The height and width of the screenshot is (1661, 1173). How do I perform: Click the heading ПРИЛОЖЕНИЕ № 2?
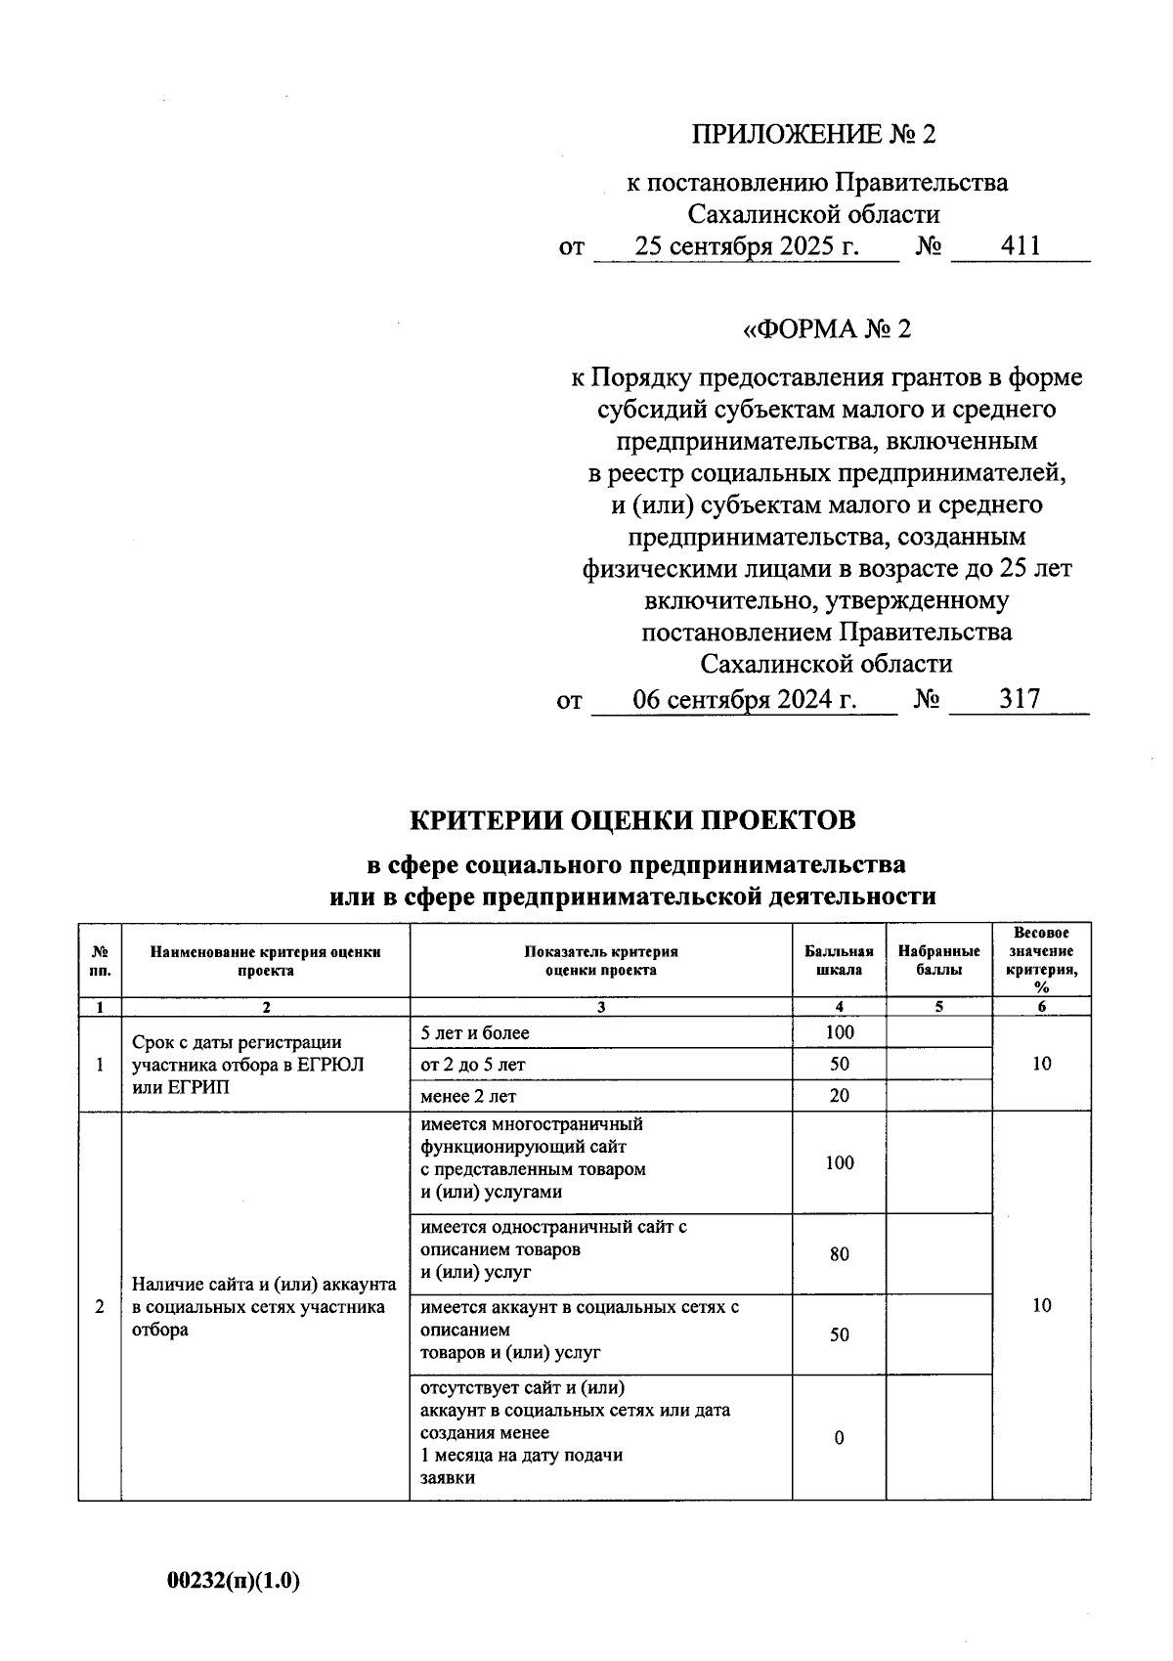(x=813, y=134)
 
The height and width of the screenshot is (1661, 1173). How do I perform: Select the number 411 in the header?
(x=1020, y=246)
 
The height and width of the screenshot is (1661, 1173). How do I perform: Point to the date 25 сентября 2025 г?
(x=747, y=246)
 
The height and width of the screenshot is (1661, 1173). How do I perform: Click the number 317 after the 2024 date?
(x=1019, y=699)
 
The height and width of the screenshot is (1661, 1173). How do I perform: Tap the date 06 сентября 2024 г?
(x=745, y=699)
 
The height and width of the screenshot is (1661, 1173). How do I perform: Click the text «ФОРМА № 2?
(x=827, y=328)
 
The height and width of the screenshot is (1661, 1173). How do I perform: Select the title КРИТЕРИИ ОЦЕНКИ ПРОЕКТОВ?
(x=631, y=819)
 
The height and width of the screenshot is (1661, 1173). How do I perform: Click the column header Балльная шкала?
(x=839, y=960)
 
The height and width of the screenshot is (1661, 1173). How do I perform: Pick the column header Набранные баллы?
(x=938, y=960)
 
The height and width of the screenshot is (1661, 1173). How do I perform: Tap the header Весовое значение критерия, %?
(x=1041, y=960)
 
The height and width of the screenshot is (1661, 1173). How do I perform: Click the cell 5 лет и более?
(x=474, y=1032)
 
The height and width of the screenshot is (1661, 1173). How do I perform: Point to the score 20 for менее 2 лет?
(x=839, y=1096)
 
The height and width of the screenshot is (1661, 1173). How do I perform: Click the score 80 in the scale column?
(x=839, y=1254)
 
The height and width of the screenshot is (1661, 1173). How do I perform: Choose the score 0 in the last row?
(x=839, y=1438)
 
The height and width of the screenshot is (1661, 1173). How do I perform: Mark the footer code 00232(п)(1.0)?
(x=234, y=1581)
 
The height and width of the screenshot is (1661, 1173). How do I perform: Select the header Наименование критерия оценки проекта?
(x=265, y=960)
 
